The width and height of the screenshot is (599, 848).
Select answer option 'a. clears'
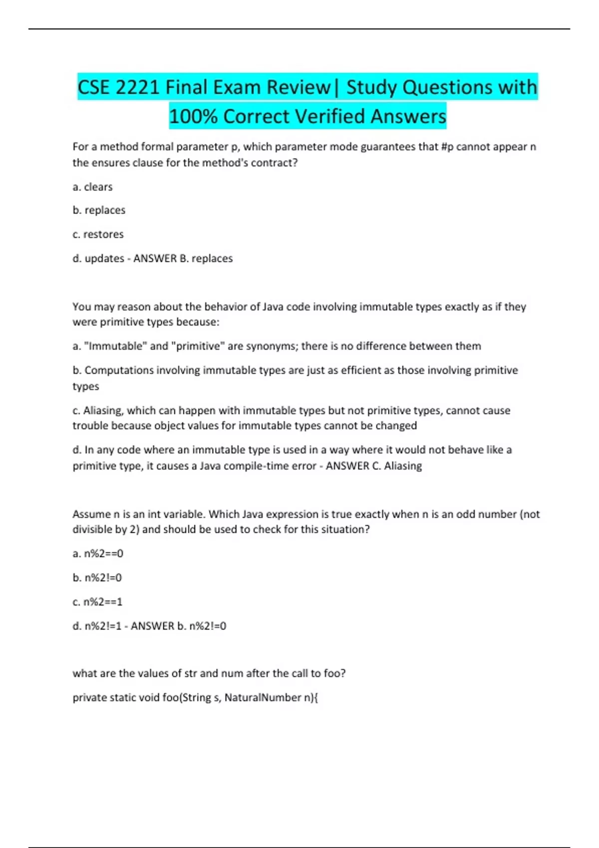93,187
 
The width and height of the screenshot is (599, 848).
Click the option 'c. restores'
98,234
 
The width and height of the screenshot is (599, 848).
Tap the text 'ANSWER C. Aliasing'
374,466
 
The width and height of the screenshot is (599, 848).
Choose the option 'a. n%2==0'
98,553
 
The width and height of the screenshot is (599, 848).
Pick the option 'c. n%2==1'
98,602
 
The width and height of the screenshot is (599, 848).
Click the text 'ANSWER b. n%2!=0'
178,626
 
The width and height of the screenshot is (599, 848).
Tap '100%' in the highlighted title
194,116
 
